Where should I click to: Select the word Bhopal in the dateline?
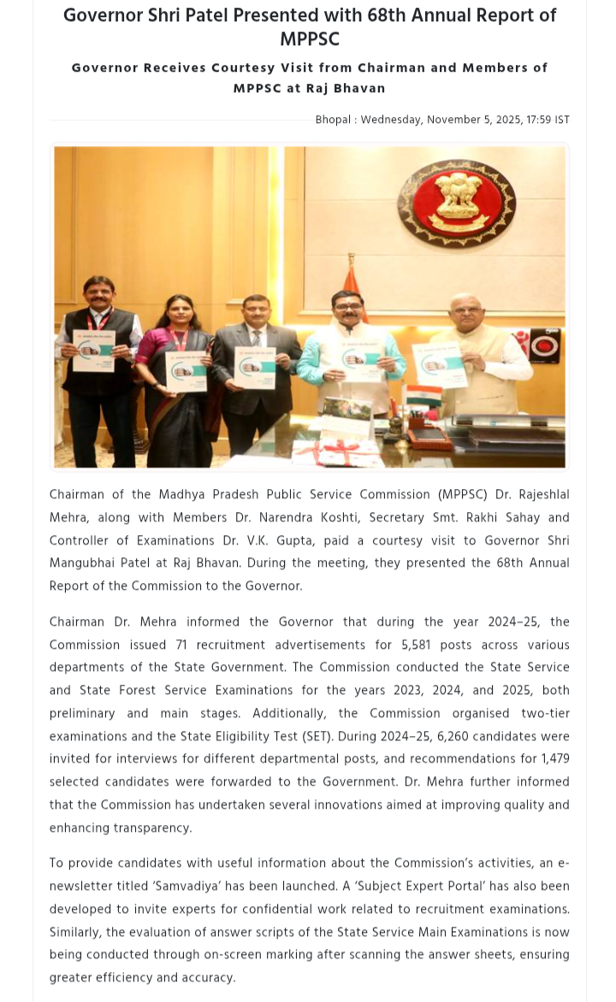click(x=333, y=120)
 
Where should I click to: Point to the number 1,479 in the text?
click(x=554, y=759)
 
